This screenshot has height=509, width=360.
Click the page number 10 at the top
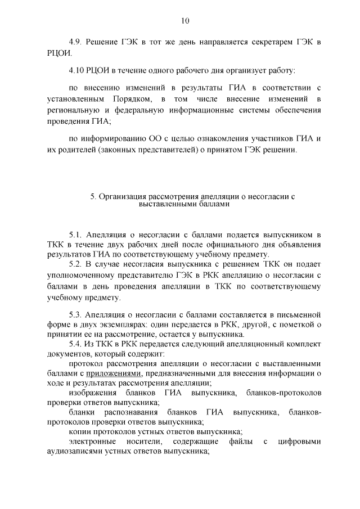click(x=185, y=21)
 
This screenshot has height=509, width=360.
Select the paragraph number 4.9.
click(x=76, y=43)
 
